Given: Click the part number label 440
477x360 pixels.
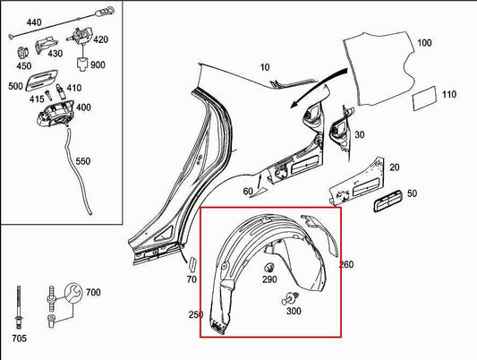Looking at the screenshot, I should tap(33, 21).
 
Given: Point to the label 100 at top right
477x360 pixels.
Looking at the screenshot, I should tap(423, 43).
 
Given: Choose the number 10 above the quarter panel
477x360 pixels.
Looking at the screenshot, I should tap(264, 68).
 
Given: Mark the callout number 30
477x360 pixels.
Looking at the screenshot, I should tap(360, 134).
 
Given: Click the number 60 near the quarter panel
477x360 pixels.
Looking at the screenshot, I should tap(248, 192).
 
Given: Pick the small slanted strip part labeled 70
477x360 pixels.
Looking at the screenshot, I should tap(192, 263).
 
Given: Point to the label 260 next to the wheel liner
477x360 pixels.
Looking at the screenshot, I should tap(346, 265).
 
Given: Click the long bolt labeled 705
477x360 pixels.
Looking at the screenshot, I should tap(17, 309).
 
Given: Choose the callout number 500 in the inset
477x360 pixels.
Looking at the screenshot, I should tap(15, 87).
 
